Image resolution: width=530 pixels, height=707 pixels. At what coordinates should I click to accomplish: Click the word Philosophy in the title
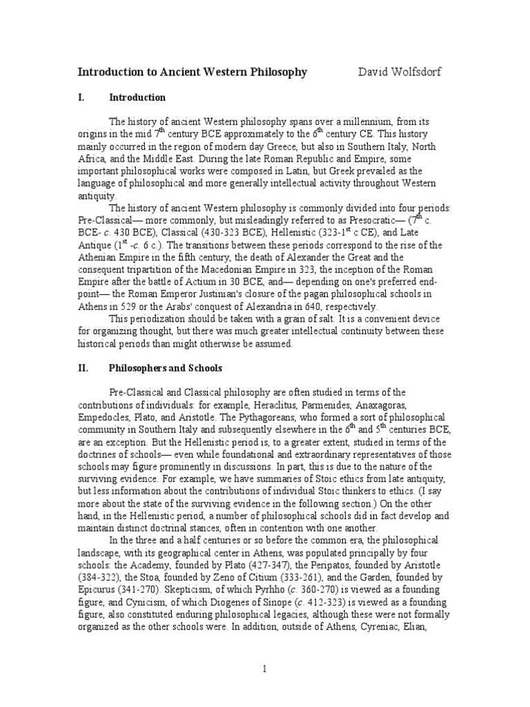pyautogui.click(x=273, y=72)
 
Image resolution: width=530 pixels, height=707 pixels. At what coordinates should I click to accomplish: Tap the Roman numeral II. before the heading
pyautogui.click(x=82, y=369)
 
